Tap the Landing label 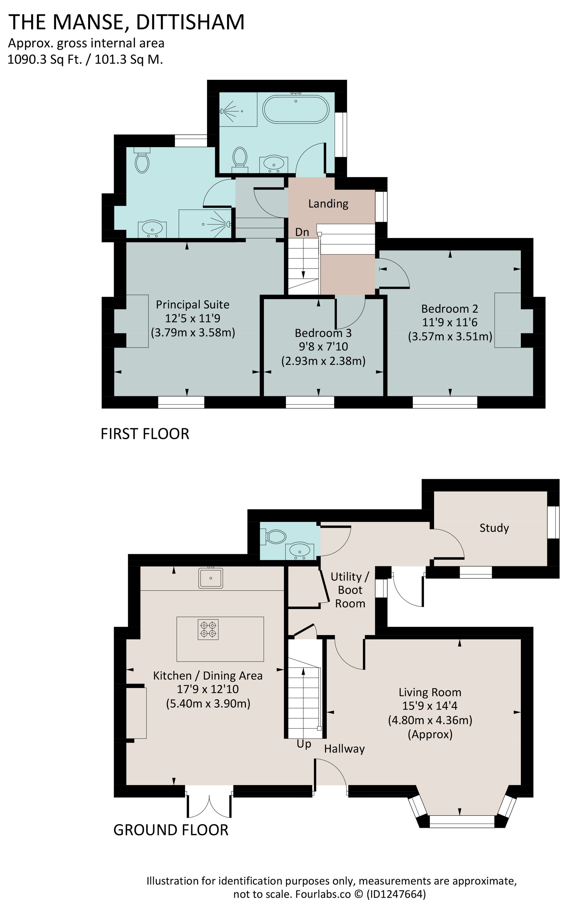click(328, 204)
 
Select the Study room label click(494, 528)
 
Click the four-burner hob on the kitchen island click(208, 630)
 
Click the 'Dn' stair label click(302, 232)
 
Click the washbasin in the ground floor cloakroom click(299, 552)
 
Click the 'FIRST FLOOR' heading click(145, 434)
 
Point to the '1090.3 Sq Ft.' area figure click(45, 60)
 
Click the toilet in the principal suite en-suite click(142, 160)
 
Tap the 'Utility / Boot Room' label click(350, 590)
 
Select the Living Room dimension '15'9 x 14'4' click(430, 706)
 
